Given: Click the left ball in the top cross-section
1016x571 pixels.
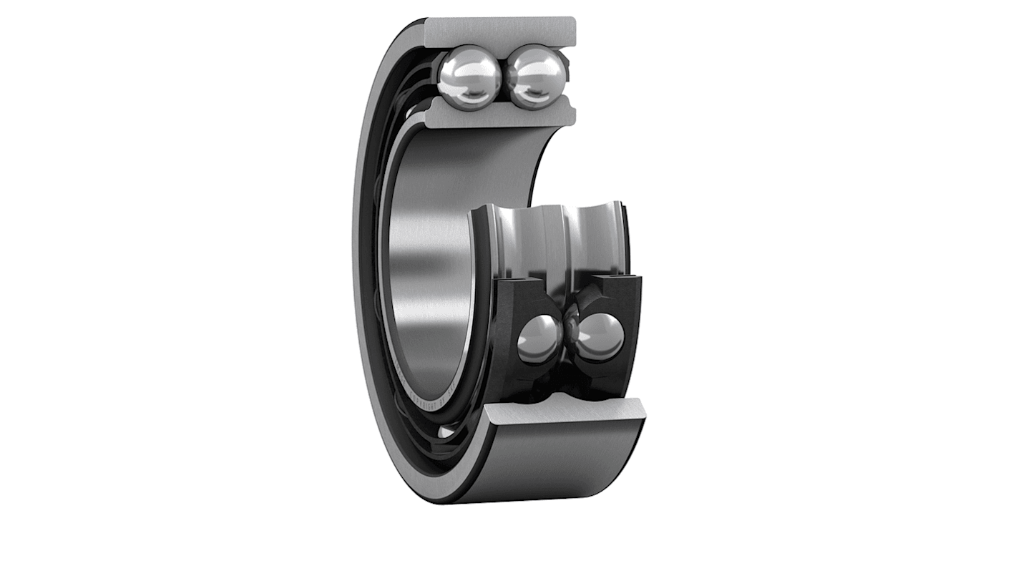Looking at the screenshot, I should click(469, 77).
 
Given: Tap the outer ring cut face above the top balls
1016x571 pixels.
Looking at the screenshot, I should click(501, 31).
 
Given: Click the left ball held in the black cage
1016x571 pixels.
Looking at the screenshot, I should click(539, 338).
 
